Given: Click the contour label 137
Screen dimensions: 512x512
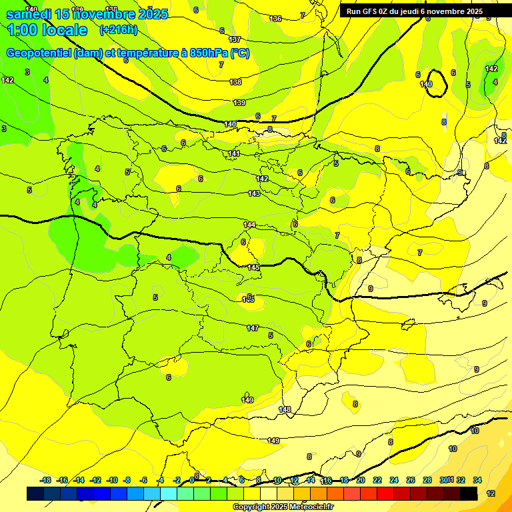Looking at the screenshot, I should [235, 40].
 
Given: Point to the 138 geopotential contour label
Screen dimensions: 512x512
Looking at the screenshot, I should [235, 82].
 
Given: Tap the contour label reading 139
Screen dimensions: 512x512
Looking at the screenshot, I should [239, 103].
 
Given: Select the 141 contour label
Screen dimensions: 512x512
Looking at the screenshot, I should [234, 154].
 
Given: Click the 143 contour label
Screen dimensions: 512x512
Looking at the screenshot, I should [254, 193].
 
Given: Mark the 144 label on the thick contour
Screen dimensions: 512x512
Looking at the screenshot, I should [249, 225].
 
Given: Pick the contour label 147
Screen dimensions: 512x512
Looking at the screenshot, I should [252, 328].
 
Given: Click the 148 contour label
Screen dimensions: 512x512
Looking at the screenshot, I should [285, 409].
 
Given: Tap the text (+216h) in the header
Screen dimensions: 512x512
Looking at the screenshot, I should [118, 29].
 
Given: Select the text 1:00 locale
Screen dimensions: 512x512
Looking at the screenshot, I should [48, 30].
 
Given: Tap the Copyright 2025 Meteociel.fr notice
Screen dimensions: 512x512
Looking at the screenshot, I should [283, 507].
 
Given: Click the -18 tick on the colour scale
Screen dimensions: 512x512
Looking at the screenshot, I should [46, 480].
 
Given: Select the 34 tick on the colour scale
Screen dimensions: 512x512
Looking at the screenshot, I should [477, 480].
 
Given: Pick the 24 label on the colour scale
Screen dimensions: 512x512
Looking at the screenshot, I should [394, 480].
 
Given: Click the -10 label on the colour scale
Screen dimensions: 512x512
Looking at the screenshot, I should [112, 480].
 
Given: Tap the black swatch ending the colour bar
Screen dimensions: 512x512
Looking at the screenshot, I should [469, 493].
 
